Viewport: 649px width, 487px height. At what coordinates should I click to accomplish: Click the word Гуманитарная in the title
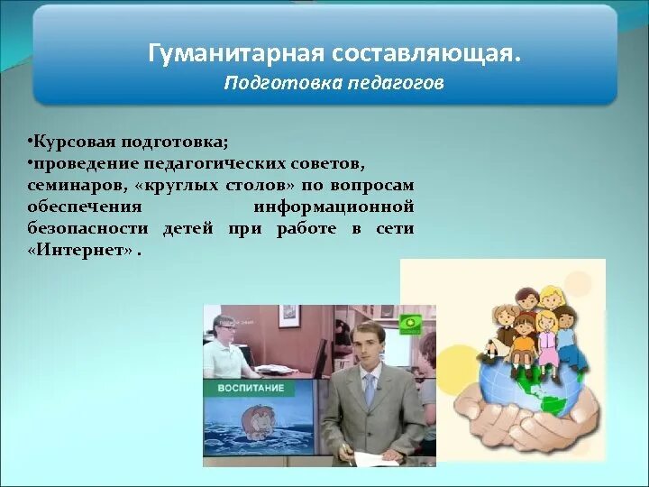(x=235, y=54)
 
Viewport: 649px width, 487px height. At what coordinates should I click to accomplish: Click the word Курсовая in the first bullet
(x=74, y=142)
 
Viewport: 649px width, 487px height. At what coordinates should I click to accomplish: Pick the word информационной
(x=334, y=207)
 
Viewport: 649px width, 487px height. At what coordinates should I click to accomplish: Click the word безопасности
(x=87, y=228)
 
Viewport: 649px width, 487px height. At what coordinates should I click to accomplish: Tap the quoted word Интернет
(x=81, y=250)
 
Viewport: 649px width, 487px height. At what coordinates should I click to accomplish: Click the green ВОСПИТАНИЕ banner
(x=251, y=389)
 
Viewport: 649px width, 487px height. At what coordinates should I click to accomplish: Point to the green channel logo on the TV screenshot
(x=411, y=325)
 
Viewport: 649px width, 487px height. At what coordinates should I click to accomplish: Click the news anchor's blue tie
(x=369, y=390)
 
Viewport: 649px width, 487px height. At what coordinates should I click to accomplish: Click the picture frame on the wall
(x=289, y=316)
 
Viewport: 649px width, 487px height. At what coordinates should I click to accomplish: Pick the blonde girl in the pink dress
(x=548, y=335)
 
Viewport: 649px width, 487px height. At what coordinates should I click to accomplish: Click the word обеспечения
(x=85, y=207)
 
